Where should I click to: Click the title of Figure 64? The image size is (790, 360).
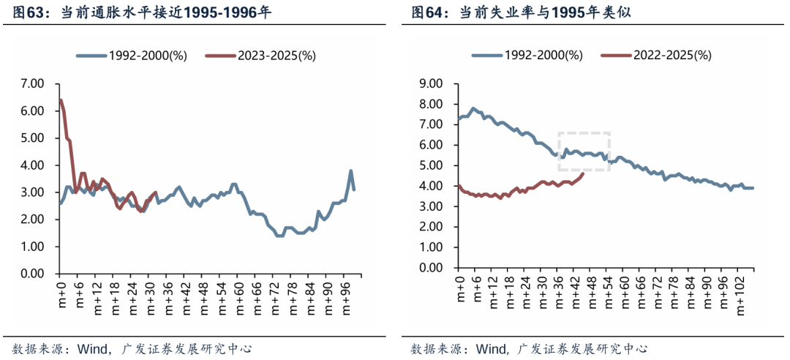[x=521, y=12]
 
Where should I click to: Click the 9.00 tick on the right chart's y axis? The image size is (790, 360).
[x=431, y=83]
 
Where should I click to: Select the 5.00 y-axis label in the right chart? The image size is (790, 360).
[x=431, y=165]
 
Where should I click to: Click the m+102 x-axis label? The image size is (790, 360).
[x=740, y=296]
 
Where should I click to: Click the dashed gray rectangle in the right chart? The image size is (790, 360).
[x=584, y=151]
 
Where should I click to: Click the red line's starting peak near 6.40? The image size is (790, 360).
[x=61, y=100]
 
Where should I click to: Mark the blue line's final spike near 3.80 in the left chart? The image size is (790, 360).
[x=351, y=171]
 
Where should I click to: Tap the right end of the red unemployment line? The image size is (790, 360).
[x=582, y=173]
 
